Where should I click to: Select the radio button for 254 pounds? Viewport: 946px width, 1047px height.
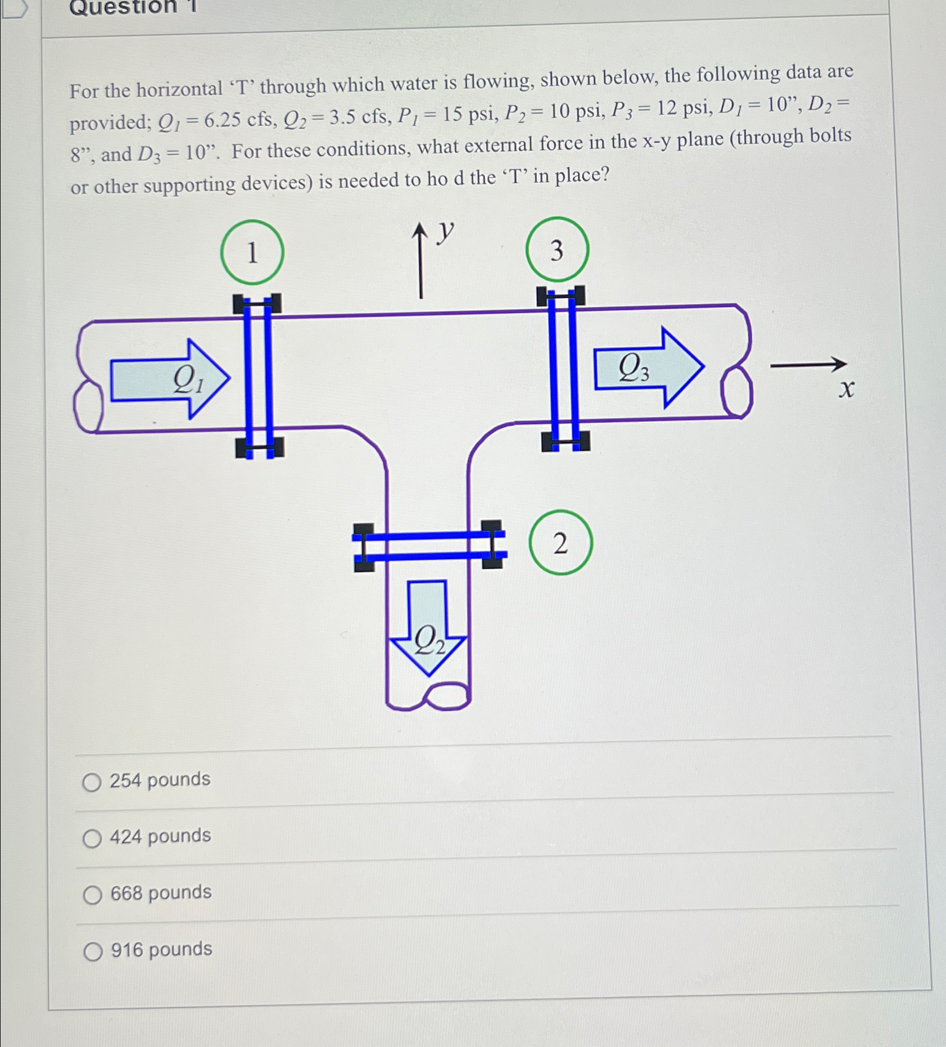[x=92, y=782]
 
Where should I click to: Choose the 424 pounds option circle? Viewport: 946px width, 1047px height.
[x=92, y=839]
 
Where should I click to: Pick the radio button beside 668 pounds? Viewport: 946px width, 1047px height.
[x=93, y=895]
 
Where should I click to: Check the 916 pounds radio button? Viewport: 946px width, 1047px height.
[x=93, y=952]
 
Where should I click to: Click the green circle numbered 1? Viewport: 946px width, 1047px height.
[x=252, y=252]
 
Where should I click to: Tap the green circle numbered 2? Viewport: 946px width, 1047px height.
[x=560, y=543]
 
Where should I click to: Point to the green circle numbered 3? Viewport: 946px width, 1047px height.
[x=557, y=250]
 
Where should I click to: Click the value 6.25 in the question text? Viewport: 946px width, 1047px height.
[x=222, y=120]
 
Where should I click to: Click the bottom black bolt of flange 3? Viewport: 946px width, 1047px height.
[x=565, y=442]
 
